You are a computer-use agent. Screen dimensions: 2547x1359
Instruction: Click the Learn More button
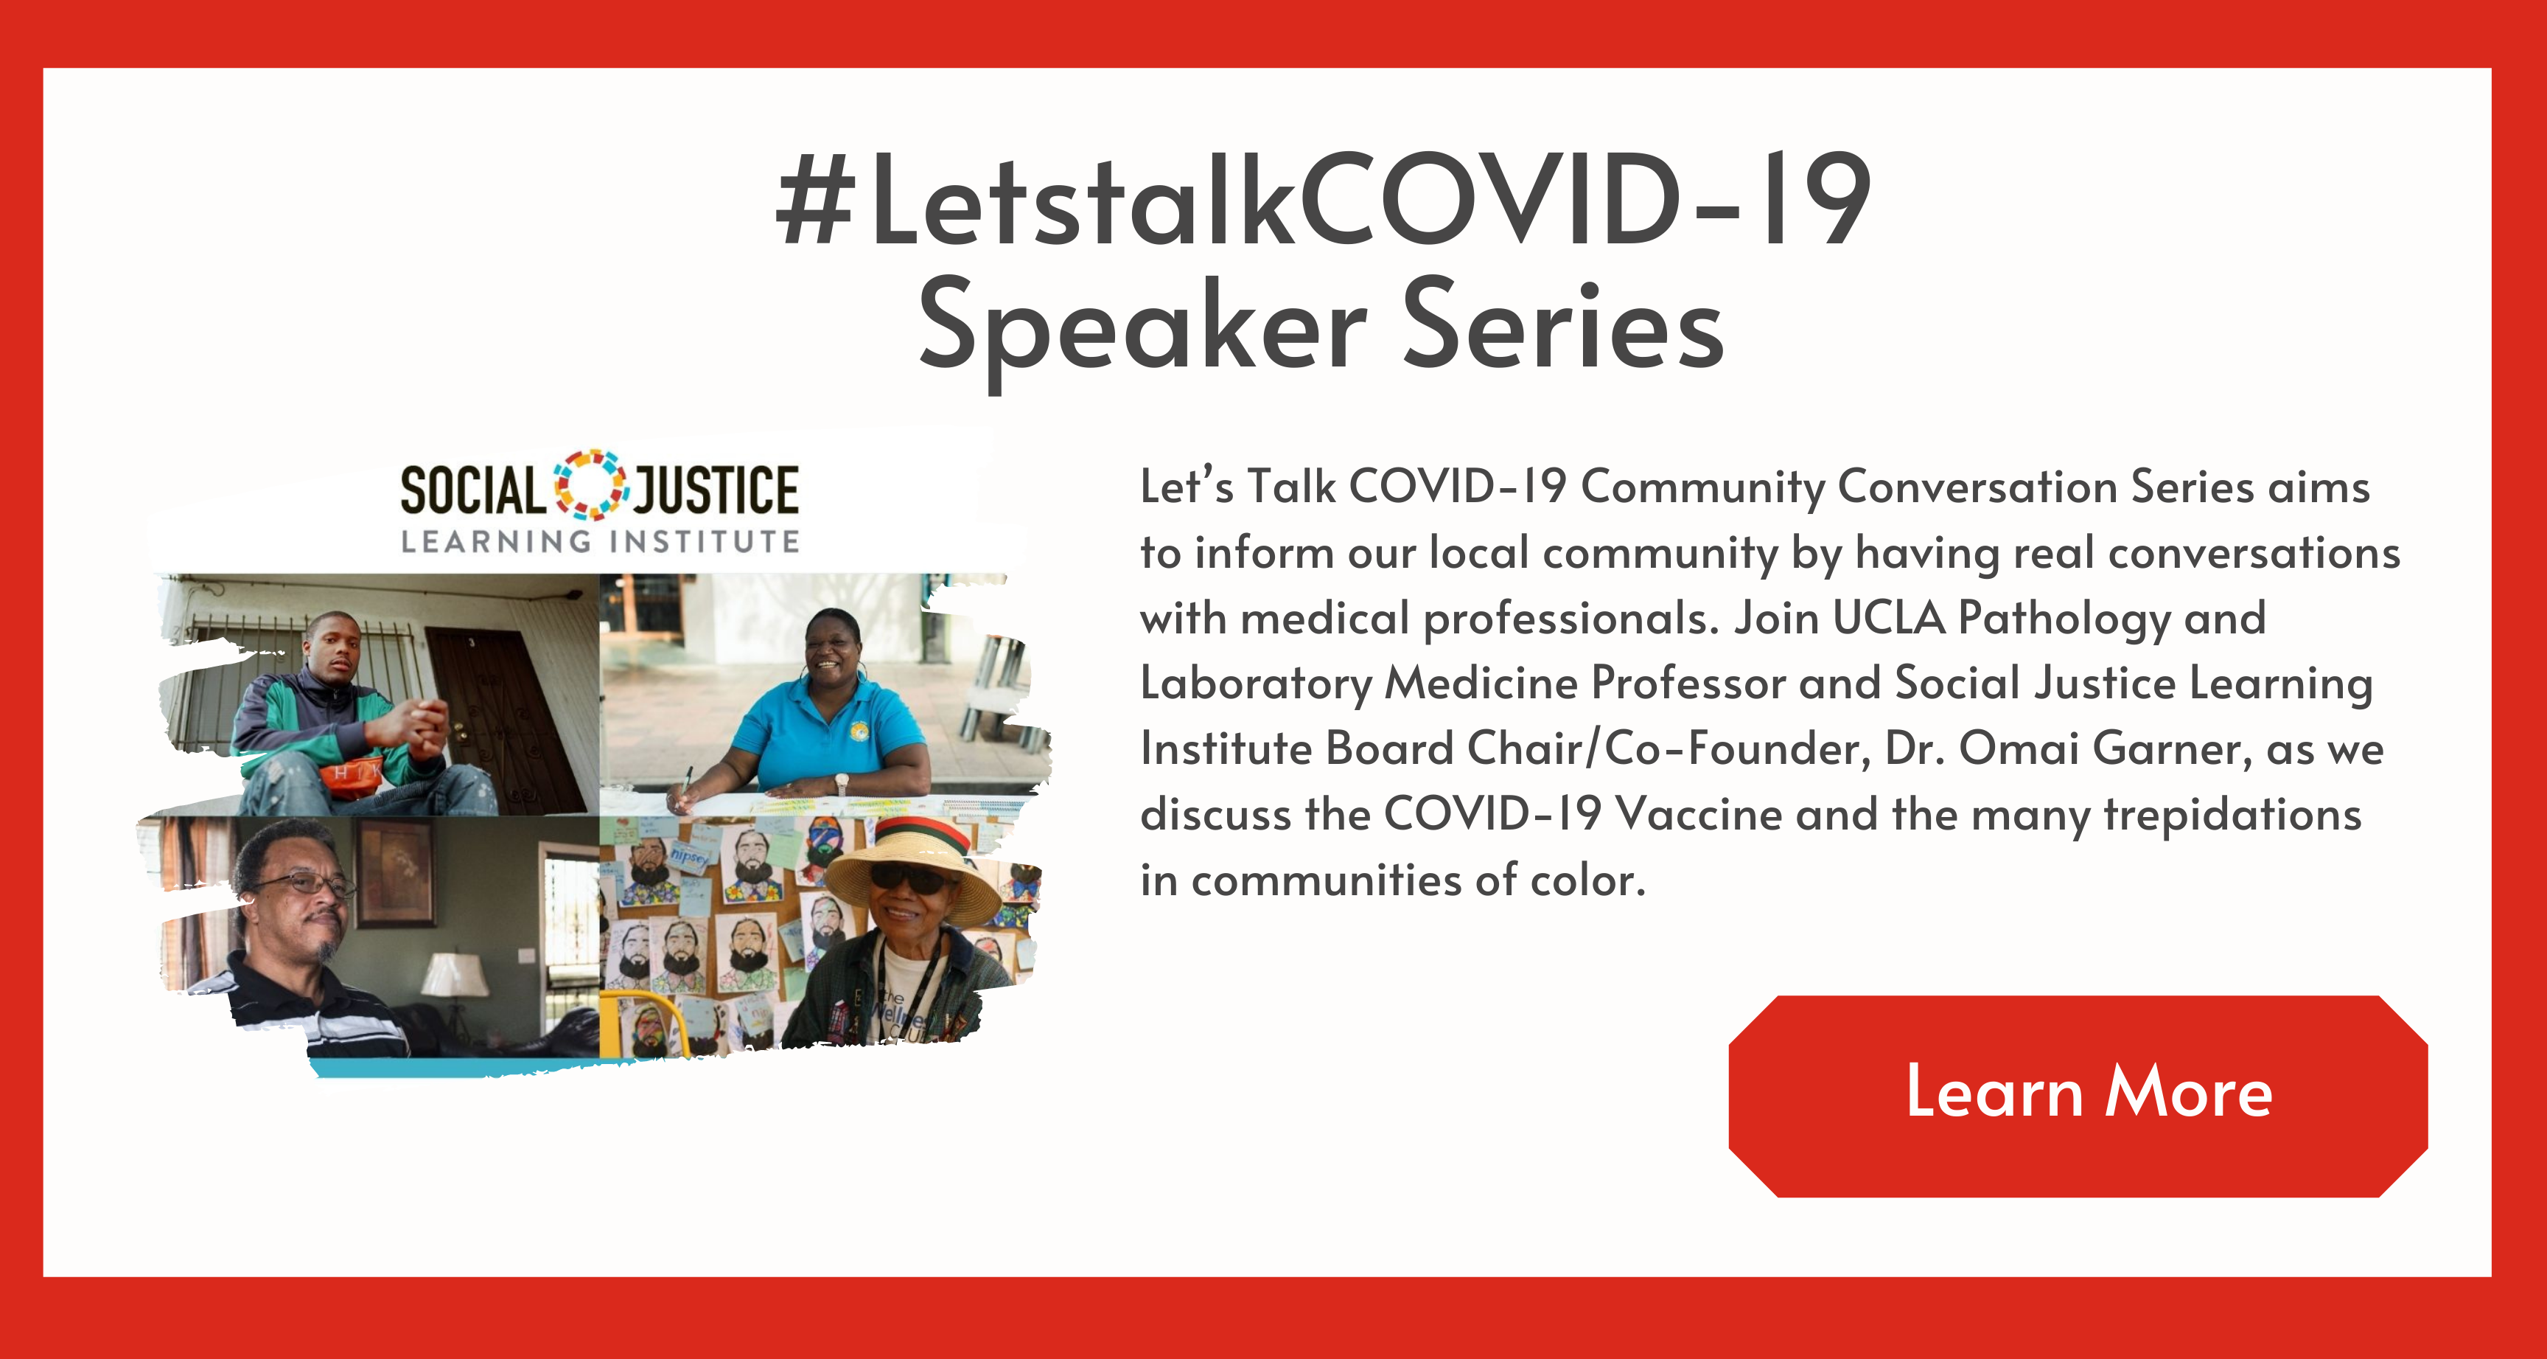pos(2078,1096)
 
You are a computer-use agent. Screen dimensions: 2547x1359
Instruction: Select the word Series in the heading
pos(1563,324)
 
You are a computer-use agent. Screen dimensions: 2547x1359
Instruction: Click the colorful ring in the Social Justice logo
pos(590,484)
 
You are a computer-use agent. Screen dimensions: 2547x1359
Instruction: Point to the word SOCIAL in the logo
pos(472,490)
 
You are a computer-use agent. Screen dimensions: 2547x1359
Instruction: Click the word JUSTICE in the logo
pos(716,490)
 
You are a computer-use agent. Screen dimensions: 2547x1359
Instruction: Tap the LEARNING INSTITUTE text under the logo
pos(600,541)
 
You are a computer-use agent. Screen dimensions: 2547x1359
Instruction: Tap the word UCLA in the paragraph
pos(1888,618)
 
